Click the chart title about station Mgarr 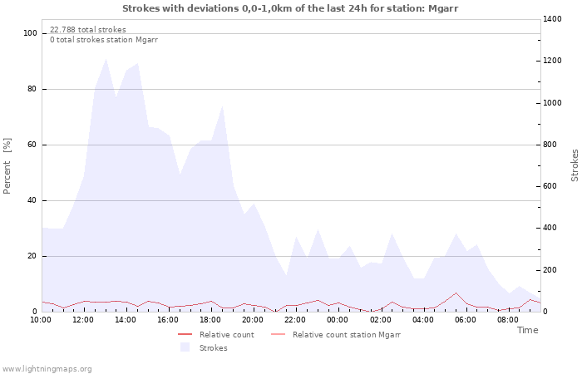click(x=290, y=8)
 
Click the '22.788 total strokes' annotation click(x=88, y=30)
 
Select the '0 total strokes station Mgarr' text click(x=104, y=40)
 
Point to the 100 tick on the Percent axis click(x=31, y=33)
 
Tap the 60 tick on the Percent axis click(x=32, y=145)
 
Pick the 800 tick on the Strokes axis click(x=552, y=145)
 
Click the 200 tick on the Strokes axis click(x=552, y=270)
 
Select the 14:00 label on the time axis click(x=126, y=320)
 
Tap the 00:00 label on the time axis click(x=338, y=320)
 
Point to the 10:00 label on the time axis click(x=41, y=320)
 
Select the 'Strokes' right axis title click(x=575, y=165)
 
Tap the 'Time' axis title click(x=527, y=330)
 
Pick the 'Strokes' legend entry click(x=213, y=348)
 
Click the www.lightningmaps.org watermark click(x=47, y=369)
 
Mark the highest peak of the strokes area click(x=106, y=58)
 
